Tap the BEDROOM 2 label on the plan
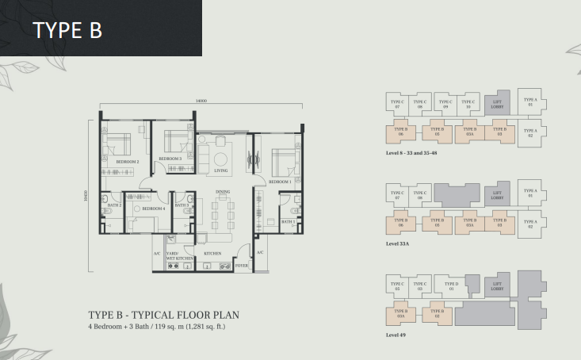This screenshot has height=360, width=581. (127, 162)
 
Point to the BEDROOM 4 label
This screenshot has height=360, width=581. (153, 208)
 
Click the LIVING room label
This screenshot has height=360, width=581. (221, 170)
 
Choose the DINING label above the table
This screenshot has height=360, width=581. (222, 193)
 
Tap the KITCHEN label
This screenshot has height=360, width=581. (212, 254)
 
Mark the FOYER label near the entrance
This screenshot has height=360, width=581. (242, 266)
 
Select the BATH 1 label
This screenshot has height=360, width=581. (288, 222)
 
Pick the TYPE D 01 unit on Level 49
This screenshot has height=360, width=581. (451, 286)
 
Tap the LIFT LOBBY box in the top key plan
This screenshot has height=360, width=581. (497, 103)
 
